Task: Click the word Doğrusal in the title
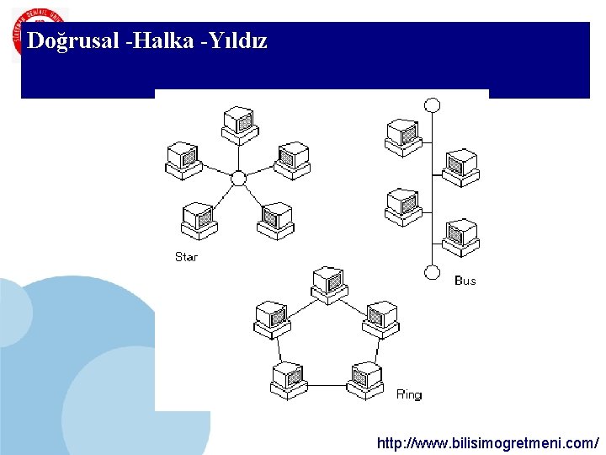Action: (72, 41)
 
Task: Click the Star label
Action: (186, 256)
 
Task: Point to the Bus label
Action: (465, 281)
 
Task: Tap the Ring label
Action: (408, 394)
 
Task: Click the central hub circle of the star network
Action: (238, 178)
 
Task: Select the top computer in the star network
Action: (239, 125)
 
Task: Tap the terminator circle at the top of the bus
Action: (432, 105)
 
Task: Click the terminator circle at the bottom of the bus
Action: (432, 272)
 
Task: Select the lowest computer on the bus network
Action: (460, 237)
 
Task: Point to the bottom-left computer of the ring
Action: (288, 380)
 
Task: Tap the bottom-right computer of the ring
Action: (365, 380)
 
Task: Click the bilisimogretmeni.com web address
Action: (488, 442)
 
